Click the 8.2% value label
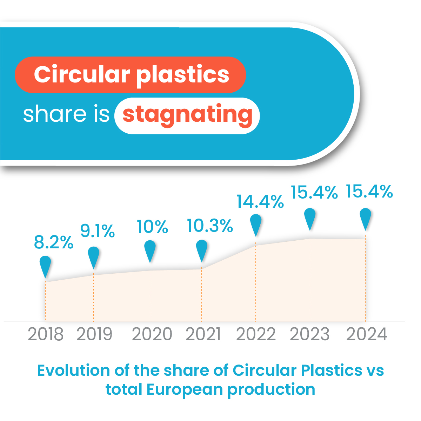tap(54, 243)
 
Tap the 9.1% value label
tap(98, 231)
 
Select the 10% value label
tap(152, 227)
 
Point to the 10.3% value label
tap(210, 226)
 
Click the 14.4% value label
tap(260, 201)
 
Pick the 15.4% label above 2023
tap(314, 192)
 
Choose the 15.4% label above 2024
tap(369, 192)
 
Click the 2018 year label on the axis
tap(46, 334)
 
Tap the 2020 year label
tap(152, 334)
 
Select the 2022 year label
tap(256, 334)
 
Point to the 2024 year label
tap(367, 334)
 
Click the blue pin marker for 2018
tap(45, 266)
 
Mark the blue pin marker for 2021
tap(202, 250)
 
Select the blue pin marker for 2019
tap(93, 256)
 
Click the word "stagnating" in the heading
tap(187, 115)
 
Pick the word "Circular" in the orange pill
tap(82, 75)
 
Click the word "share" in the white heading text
tap(54, 114)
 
